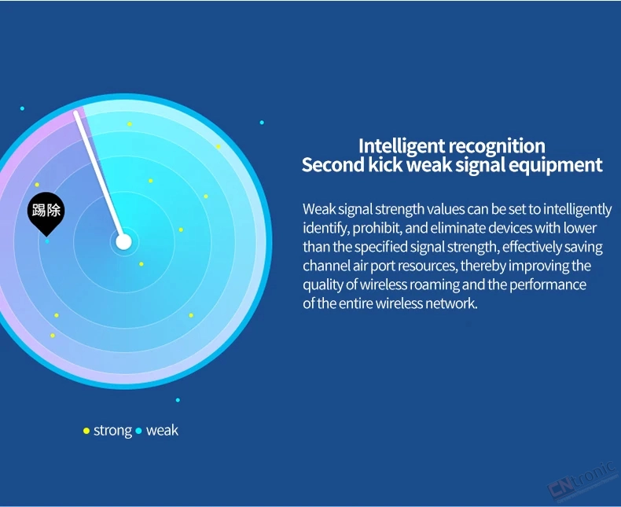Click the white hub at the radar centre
click(x=123, y=241)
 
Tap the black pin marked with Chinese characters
click(x=46, y=213)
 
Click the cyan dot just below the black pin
click(x=47, y=241)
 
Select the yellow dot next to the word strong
click(x=86, y=431)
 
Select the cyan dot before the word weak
click(x=138, y=431)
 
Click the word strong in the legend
click(x=113, y=431)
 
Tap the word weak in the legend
click(x=163, y=431)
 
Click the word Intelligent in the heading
click(x=402, y=146)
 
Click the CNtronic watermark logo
click(x=582, y=481)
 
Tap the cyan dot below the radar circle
click(x=178, y=400)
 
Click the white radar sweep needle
click(x=99, y=177)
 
